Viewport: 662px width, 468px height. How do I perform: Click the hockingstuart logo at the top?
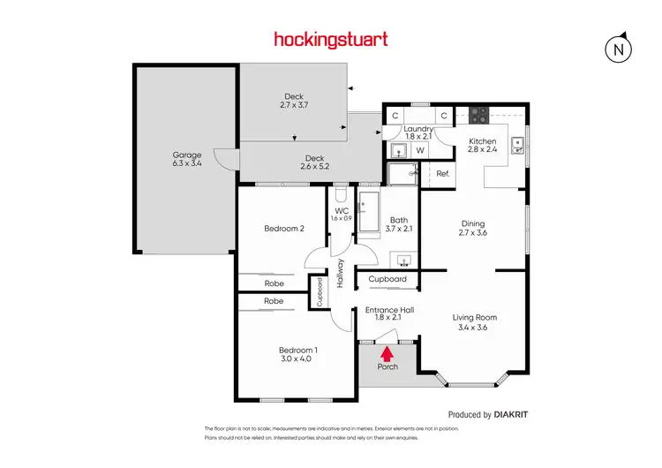[330, 39]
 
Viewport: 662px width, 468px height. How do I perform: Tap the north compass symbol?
[620, 49]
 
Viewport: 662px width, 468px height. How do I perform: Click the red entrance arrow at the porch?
[387, 354]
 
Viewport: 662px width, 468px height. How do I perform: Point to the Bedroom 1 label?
[298, 350]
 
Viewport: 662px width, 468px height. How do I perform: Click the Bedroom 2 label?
[284, 229]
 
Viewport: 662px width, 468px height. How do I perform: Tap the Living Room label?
[475, 317]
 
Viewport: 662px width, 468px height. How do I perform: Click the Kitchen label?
[482, 141]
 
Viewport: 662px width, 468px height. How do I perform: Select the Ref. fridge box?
[443, 174]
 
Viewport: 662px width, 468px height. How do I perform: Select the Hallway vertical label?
[339, 273]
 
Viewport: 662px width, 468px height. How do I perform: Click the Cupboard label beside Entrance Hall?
[387, 279]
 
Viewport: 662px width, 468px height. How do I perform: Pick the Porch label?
[387, 366]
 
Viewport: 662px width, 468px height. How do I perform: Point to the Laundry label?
[418, 129]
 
